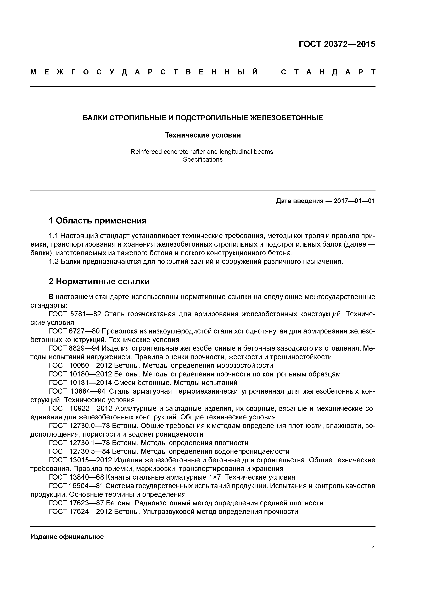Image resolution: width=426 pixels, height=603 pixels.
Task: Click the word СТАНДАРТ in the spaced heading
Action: [328, 72]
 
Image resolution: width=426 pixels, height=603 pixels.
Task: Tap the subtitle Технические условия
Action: [203, 135]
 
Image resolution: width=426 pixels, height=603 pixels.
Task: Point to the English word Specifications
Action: [203, 159]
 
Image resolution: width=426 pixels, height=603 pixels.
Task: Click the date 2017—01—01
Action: [354, 201]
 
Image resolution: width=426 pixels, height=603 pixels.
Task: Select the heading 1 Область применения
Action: [98, 221]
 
